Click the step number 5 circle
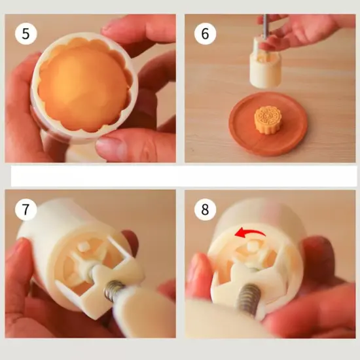(x=26, y=33)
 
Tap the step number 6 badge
(x=205, y=33)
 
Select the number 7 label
(x=26, y=209)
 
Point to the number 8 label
(x=205, y=209)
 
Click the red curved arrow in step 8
(x=249, y=232)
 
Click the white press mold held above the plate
(x=265, y=63)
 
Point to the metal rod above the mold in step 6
(x=266, y=26)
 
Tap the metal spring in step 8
(x=249, y=298)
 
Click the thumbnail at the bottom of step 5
(x=110, y=147)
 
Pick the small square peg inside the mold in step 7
(x=82, y=247)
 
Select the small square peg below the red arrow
(x=253, y=245)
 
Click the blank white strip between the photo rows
(x=184, y=176)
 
